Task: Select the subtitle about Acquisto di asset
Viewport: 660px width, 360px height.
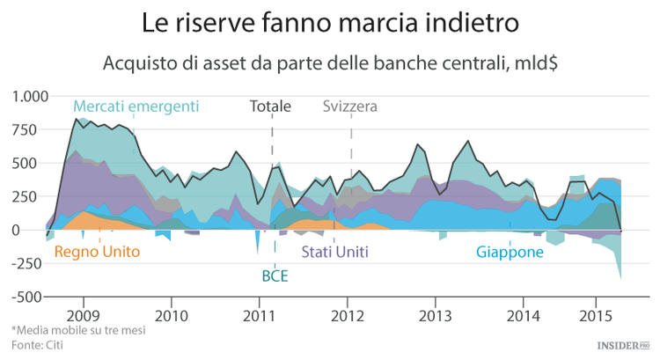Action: coord(330,63)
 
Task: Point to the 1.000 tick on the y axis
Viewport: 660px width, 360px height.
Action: coord(26,96)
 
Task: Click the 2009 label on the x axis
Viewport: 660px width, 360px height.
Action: coord(82,314)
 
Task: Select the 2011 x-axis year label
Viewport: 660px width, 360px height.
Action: coord(259,314)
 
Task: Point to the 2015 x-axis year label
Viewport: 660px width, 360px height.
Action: coord(596,314)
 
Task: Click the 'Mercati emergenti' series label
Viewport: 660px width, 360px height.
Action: coord(136,107)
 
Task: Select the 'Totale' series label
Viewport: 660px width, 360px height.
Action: coord(270,107)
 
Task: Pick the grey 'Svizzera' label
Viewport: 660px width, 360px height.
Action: coord(349,107)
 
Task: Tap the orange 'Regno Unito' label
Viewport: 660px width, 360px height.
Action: coord(97,252)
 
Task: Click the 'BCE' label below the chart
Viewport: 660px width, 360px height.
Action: coord(275,276)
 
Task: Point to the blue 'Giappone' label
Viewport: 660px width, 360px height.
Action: coord(510,252)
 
